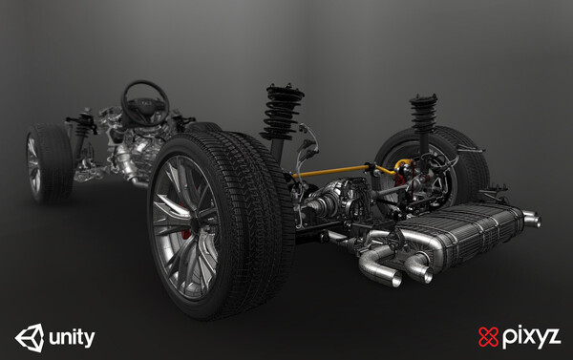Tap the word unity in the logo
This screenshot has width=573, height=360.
pyautogui.click(x=72, y=338)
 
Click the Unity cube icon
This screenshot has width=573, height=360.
pyautogui.click(x=30, y=338)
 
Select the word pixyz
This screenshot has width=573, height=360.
pyautogui.click(x=531, y=337)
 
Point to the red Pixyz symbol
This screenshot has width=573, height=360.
pyautogui.click(x=489, y=337)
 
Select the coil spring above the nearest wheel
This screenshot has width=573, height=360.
pyautogui.click(x=282, y=113)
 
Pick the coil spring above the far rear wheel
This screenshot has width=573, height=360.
pyautogui.click(x=423, y=113)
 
